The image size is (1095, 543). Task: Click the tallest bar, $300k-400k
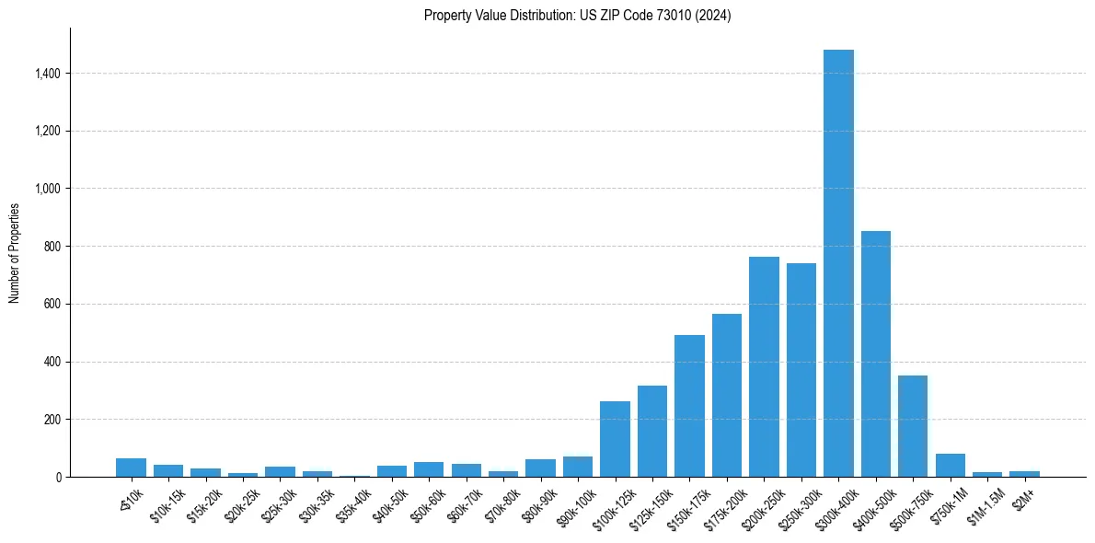(838, 263)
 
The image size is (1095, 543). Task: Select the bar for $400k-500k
(875, 354)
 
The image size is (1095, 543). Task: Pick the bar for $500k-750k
(913, 426)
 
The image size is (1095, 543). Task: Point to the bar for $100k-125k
(615, 439)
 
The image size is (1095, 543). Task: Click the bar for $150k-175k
(689, 406)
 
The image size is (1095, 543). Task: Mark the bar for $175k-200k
(727, 396)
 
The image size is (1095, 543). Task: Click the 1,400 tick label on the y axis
(48, 74)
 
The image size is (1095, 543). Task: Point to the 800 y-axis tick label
(52, 247)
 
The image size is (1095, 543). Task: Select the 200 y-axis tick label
(52, 420)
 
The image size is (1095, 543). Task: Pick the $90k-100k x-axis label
(573, 502)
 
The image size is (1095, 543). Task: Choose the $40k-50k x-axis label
(387, 500)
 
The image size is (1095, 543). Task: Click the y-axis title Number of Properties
(15, 253)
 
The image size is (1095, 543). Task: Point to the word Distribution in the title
(535, 16)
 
